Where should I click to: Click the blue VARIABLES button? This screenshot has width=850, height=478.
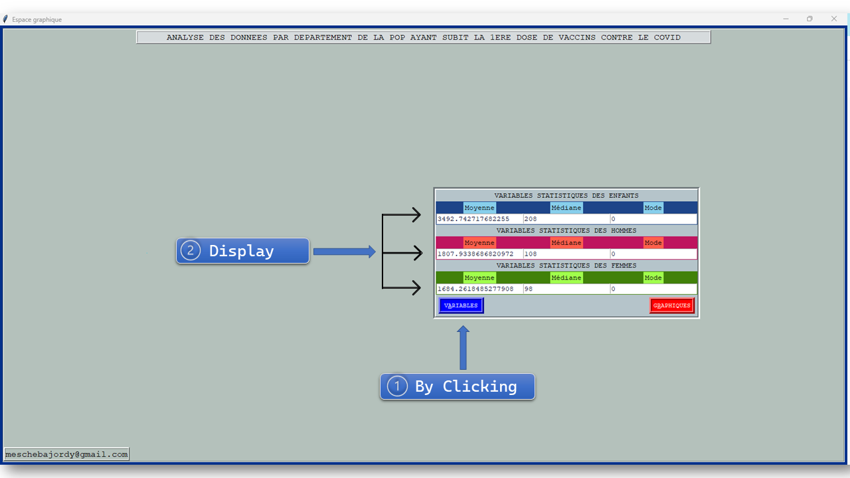pyautogui.click(x=461, y=305)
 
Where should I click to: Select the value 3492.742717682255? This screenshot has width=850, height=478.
pyautogui.click(x=473, y=219)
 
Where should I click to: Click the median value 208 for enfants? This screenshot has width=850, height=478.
pyautogui.click(x=530, y=219)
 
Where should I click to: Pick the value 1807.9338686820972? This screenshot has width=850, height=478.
pyautogui.click(x=475, y=254)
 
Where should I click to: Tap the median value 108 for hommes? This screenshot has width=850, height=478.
pyautogui.click(x=530, y=254)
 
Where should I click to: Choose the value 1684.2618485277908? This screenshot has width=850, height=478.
pyautogui.click(x=475, y=289)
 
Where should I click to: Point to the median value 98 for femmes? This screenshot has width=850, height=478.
pyautogui.click(x=529, y=289)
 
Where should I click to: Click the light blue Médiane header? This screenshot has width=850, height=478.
pyautogui.click(x=566, y=208)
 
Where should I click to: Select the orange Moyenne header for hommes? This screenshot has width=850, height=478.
pyautogui.click(x=479, y=242)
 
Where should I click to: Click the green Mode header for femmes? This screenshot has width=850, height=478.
pyautogui.click(x=653, y=278)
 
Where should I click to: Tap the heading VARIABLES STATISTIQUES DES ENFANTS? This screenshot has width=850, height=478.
pyautogui.click(x=566, y=196)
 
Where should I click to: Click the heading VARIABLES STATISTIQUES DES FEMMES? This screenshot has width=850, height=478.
pyautogui.click(x=566, y=266)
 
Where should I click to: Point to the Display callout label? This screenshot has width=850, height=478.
pyautogui.click(x=242, y=251)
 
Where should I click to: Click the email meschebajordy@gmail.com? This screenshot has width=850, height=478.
pyautogui.click(x=66, y=454)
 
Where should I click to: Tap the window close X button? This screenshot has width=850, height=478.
pyautogui.click(x=834, y=19)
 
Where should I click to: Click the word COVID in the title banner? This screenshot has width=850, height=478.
pyautogui.click(x=667, y=37)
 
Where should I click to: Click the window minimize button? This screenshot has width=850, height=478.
pyautogui.click(x=786, y=19)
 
